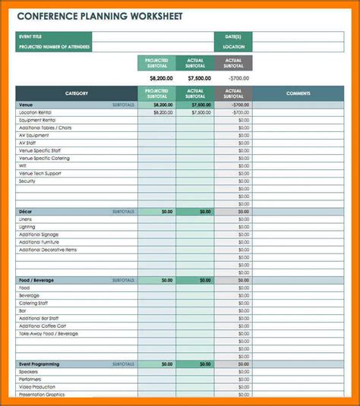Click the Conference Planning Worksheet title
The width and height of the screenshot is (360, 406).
tap(99, 16)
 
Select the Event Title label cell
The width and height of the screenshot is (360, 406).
tap(30, 36)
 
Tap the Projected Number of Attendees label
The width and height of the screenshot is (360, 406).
tap(54, 47)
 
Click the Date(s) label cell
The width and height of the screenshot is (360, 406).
tap(232, 36)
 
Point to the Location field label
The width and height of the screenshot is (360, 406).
tap(234, 47)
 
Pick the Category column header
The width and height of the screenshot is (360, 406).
tap(76, 93)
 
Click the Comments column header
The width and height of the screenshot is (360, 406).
tap(298, 93)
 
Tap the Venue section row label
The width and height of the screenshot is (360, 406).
tap(26, 105)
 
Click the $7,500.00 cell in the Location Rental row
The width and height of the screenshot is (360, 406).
tap(201, 112)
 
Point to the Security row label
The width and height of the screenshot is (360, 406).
tap(27, 181)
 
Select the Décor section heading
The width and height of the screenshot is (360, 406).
tap(26, 212)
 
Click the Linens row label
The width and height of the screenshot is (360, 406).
tap(26, 219)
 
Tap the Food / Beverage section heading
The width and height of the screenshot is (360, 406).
tap(36, 280)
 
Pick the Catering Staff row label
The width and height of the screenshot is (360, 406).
tap(33, 303)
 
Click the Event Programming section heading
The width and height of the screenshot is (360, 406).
tap(39, 364)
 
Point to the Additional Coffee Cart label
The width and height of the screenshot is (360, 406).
tap(43, 326)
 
